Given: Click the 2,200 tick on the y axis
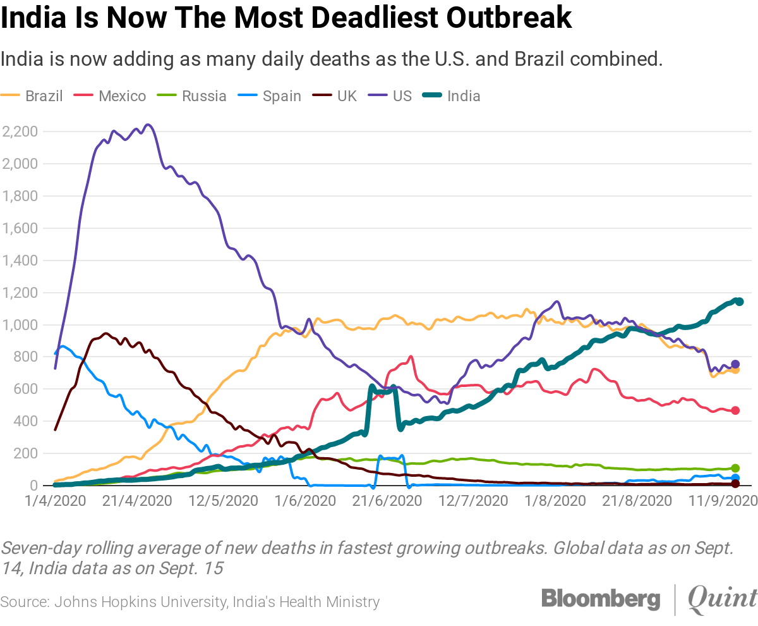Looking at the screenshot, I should (x=20, y=132).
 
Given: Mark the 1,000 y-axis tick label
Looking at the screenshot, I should (x=20, y=325).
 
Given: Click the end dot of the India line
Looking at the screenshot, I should (x=739, y=302).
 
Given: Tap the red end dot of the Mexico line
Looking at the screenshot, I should (x=735, y=410).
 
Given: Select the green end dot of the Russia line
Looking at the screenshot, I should (x=735, y=468).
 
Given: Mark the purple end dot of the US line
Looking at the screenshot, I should (x=735, y=364).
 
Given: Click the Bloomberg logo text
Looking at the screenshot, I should (x=600, y=598).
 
